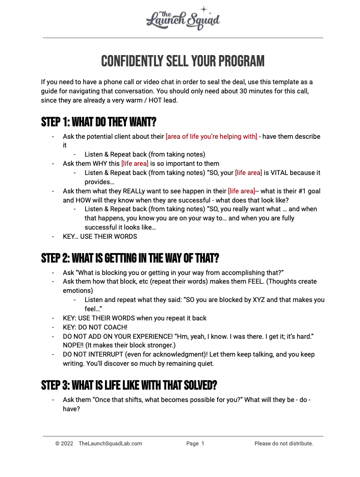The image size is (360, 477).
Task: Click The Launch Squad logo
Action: [183, 18]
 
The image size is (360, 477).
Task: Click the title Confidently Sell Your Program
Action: [183, 62]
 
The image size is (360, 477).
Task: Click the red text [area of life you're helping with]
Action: [211, 137]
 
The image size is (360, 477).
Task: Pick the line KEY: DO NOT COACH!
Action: [95, 327]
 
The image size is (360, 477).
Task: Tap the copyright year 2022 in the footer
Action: [67, 444]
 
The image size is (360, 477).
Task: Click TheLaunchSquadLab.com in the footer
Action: [110, 444]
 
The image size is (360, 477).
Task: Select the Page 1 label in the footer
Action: [195, 444]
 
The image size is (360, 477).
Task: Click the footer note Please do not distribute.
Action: [284, 444]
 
